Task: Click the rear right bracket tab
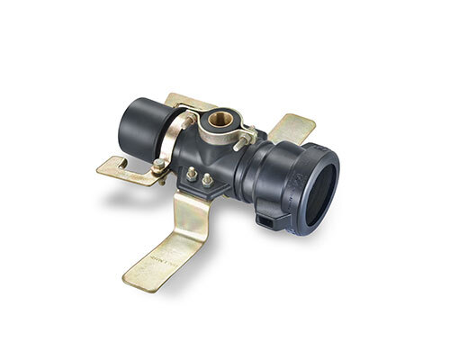pyautogui.click(x=293, y=126)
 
